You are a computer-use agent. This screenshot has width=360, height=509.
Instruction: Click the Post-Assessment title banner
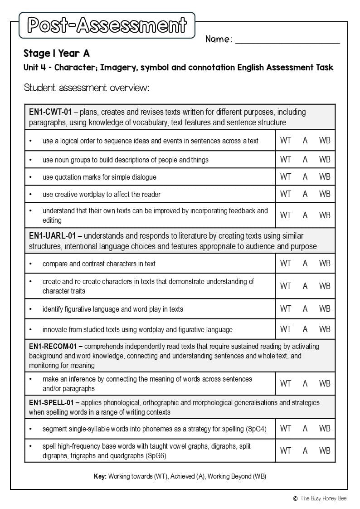107,25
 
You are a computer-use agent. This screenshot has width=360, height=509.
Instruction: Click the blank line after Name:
287,40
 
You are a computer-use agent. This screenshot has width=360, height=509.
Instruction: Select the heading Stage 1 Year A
57,54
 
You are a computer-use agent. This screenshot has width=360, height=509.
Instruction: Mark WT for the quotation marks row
286,177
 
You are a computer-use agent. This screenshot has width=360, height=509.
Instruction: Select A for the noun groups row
305,160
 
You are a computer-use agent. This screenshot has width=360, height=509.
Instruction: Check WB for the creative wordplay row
325,194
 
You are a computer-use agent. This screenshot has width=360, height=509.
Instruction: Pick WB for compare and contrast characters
325,263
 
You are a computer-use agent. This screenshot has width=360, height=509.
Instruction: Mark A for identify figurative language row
305,309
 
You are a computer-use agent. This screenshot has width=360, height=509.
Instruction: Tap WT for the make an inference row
286,384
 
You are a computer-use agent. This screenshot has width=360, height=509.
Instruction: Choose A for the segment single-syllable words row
305,428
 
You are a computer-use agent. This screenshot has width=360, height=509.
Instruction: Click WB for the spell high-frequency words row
325,450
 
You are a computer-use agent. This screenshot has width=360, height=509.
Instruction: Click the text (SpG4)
256,429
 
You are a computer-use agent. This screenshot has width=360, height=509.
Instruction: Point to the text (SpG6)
155,456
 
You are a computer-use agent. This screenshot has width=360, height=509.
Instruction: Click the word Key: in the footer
100,477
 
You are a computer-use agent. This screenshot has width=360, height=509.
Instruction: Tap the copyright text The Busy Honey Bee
323,499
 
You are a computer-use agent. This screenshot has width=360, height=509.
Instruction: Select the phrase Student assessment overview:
86,88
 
